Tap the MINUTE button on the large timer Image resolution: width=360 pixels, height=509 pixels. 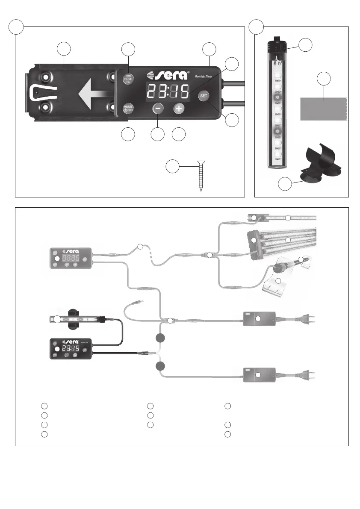point(128,107)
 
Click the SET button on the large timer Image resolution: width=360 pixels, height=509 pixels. point(204,96)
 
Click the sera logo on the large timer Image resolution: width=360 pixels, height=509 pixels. point(168,75)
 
